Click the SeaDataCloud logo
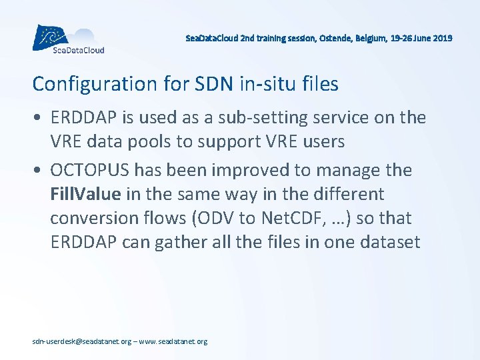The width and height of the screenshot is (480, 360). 69,39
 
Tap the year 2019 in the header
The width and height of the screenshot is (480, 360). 441,39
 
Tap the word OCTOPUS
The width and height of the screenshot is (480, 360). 90,171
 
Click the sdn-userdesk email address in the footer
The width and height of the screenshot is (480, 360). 82,341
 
